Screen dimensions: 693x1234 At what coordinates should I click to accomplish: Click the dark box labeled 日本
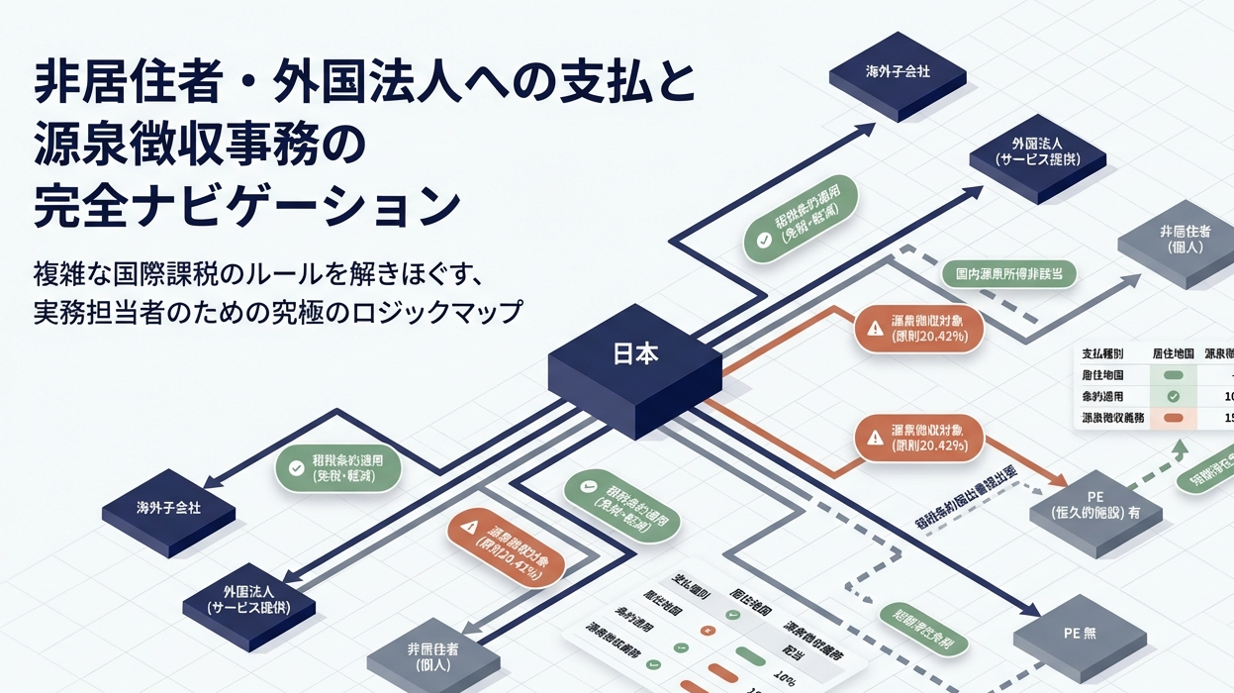click(634, 355)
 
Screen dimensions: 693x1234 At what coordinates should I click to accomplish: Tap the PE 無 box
click(1079, 633)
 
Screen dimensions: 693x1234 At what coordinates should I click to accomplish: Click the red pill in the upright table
click(1175, 418)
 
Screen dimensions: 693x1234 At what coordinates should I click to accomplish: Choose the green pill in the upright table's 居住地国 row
click(1175, 375)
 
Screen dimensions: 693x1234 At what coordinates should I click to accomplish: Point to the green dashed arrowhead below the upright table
click(1180, 447)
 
